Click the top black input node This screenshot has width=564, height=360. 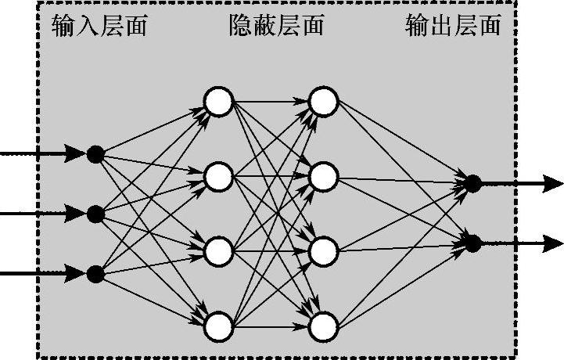tap(95, 154)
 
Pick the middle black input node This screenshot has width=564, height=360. tap(95, 213)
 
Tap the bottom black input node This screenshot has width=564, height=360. tap(95, 273)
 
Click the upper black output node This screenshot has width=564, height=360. tap(472, 184)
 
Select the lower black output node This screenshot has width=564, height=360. tap(472, 243)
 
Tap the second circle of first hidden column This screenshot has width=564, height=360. tap(218, 176)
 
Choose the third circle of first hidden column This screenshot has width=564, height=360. tap(218, 251)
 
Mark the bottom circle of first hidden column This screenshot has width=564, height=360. tap(218, 323)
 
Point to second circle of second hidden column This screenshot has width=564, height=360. tap(322, 176)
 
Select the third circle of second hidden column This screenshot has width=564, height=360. tap(322, 251)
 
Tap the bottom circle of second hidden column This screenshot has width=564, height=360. tap(322, 323)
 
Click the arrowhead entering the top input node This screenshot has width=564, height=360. tap(75, 154)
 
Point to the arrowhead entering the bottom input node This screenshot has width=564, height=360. tap(75, 273)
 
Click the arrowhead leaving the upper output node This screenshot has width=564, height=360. tap(552, 185)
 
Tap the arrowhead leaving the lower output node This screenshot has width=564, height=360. tap(552, 243)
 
